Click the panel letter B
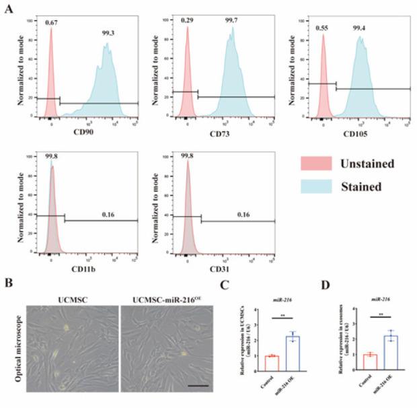[x=7, y=279]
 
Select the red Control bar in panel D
[x=369, y=362]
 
